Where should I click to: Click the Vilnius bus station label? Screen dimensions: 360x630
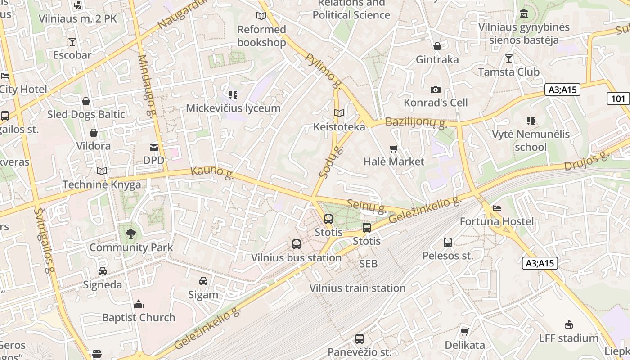296,258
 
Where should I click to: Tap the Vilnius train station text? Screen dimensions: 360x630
358,288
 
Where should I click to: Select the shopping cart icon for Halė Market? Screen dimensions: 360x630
394,148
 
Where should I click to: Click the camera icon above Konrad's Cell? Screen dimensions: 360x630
435,90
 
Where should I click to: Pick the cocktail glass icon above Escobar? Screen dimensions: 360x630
72,42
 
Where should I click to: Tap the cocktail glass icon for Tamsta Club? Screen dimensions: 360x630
509,58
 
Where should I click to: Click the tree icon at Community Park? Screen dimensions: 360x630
131,234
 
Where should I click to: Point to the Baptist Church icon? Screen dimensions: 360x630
139,304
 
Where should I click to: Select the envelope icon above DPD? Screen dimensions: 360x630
154,147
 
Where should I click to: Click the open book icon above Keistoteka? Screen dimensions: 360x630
339,113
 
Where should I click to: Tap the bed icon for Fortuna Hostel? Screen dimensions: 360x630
497,208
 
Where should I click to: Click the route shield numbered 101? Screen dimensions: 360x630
618,98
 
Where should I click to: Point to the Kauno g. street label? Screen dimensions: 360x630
212,173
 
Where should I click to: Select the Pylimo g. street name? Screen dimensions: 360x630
323,70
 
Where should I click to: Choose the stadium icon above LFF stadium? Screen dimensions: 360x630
569,324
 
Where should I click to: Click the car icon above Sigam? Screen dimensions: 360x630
203,281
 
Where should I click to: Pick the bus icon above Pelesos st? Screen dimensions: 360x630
448,243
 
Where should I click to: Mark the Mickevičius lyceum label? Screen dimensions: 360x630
233,108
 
